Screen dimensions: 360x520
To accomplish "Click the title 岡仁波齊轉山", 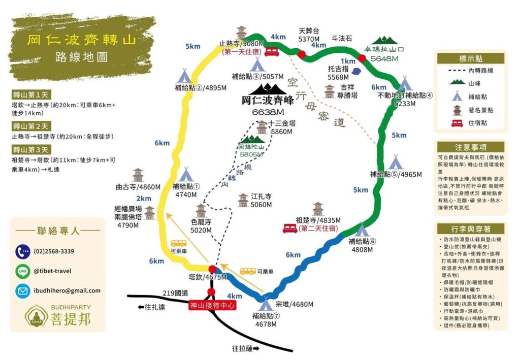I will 81,39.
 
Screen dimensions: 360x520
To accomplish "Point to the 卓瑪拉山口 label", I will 391,50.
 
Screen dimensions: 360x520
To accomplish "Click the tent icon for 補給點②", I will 184,76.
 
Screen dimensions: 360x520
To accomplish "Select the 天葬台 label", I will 309,30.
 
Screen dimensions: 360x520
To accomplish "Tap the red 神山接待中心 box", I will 212,306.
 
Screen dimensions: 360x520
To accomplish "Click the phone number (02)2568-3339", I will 53,251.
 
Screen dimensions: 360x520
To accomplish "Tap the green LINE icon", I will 22,271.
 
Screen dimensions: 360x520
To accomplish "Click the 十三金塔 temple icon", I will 262,126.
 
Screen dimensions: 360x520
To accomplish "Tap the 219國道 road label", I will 176,293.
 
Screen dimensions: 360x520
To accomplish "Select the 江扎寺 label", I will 262,195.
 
